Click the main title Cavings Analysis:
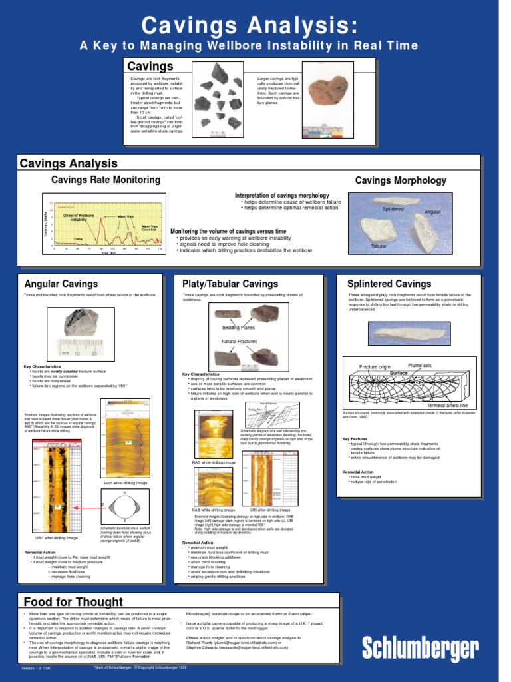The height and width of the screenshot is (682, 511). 249,26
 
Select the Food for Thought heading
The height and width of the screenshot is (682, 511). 73,602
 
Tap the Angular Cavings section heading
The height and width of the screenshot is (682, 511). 61,284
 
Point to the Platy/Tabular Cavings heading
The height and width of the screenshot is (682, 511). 230,284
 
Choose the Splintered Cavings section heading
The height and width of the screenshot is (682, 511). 389,284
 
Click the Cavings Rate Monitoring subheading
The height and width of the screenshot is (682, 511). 106,180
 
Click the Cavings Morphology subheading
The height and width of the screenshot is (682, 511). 401,180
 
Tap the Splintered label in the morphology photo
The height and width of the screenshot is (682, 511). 393,209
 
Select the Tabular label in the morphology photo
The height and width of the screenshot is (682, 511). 379,246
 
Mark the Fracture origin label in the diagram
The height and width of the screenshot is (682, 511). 375,367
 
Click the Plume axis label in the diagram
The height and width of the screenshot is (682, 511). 420,366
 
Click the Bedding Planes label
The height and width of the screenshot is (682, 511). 238,328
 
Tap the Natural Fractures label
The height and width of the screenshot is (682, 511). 238,341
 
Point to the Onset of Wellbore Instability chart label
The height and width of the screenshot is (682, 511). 79,218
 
